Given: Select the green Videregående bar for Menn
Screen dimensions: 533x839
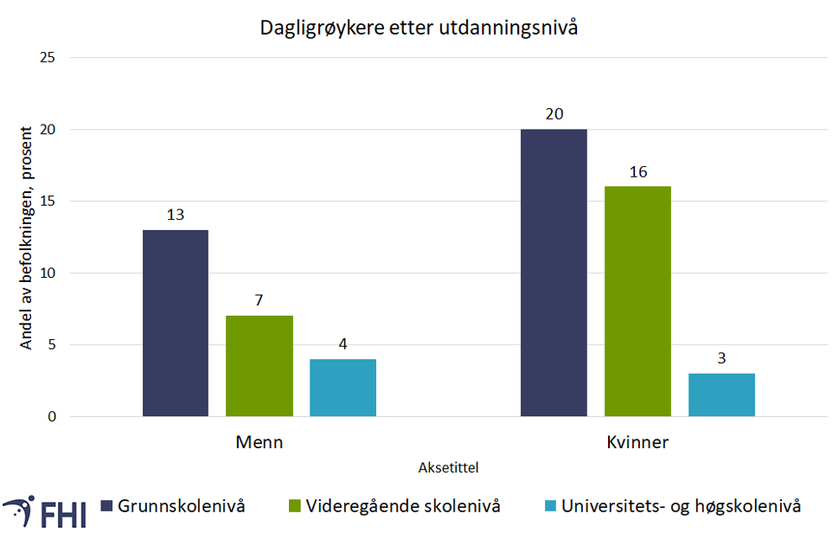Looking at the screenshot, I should pyautogui.click(x=259, y=366).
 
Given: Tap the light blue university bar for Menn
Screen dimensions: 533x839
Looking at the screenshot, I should pyautogui.click(x=343, y=388).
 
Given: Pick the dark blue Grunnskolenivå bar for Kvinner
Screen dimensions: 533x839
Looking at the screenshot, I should pyautogui.click(x=554, y=273).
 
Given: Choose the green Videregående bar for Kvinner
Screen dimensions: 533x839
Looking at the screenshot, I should pyautogui.click(x=637, y=301).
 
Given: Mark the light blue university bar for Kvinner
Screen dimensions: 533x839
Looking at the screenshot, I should pyautogui.click(x=721, y=395).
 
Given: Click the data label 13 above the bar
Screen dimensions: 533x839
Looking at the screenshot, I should pyautogui.click(x=176, y=215).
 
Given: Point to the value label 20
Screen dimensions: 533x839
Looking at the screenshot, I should pyautogui.click(x=554, y=114).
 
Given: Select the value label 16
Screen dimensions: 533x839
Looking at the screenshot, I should pyautogui.click(x=637, y=171).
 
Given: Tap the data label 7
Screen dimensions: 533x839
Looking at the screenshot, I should pyautogui.click(x=259, y=300).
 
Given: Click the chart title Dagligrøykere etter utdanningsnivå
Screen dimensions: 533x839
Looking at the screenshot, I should pyautogui.click(x=419, y=29).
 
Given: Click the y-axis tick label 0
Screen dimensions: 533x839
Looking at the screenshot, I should pyautogui.click(x=52, y=417).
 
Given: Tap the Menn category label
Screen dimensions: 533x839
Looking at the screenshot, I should pyautogui.click(x=259, y=442).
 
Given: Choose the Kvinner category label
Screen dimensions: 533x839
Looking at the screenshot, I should pyautogui.click(x=637, y=442).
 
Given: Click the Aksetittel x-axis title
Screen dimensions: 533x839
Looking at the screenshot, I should pyautogui.click(x=448, y=467).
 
